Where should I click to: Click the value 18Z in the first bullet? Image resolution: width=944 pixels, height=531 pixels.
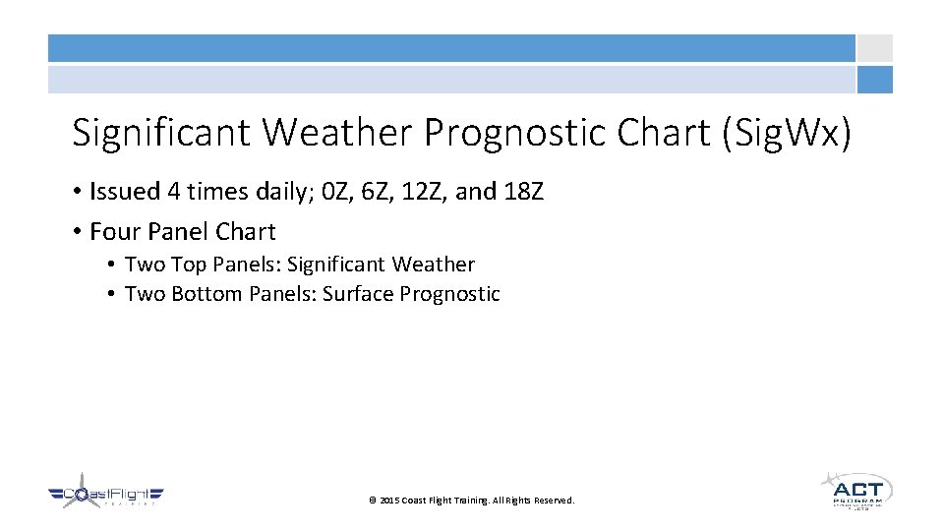pyautogui.click(x=523, y=191)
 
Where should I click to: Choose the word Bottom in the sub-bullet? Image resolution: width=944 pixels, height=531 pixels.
pyautogui.click(x=206, y=294)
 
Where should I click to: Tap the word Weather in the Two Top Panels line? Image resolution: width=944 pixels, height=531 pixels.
pyautogui.click(x=434, y=265)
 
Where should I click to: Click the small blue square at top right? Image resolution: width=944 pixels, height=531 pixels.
pyautogui.click(x=874, y=80)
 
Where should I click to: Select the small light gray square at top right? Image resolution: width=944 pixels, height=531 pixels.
pyautogui.click(x=874, y=48)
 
